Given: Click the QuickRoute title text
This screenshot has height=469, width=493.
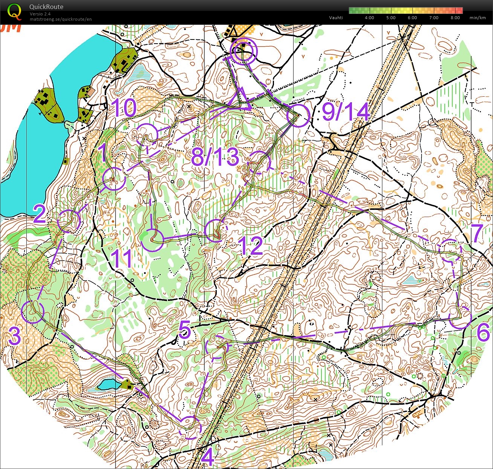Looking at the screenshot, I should pos(46,7).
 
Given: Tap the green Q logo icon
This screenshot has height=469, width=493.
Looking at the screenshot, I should pos(14,11).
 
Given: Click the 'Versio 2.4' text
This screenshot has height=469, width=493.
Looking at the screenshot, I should pos(40,14).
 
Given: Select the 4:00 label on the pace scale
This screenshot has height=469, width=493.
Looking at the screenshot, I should pos(369,18).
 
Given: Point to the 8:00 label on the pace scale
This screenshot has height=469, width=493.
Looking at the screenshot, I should pos(455,18).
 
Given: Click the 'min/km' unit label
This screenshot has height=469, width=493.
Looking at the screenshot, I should pos(477,18).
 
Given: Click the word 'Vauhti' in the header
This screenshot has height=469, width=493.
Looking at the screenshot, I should pos(336,18).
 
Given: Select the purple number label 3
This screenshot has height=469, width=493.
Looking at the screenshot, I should pos(14,336).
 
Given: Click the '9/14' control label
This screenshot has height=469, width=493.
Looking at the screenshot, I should pos(346,112).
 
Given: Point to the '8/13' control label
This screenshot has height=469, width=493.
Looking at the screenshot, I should pos(215,157).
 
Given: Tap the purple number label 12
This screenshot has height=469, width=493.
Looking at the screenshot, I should pos(251,246).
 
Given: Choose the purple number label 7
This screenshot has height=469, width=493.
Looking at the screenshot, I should pos(477,233).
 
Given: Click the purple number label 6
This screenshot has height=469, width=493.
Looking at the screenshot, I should pos(483,332).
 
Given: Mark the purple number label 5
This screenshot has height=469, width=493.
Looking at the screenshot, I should pos(184,330).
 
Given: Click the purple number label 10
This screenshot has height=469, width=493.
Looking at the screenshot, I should pos(124,108).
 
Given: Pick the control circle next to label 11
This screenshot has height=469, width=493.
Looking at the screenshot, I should pos(152,240).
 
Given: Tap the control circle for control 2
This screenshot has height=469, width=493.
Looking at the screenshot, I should pos(69,221).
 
